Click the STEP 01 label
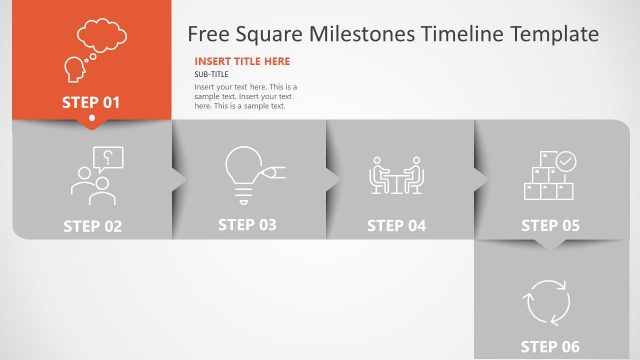point(91,102)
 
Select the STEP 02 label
point(93,226)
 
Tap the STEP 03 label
point(247,225)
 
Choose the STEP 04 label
point(396,226)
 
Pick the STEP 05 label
point(550,226)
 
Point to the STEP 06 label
point(550,347)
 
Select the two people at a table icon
point(397,176)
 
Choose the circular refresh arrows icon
point(548,301)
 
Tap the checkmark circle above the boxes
point(566,160)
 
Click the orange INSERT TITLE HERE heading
point(242,61)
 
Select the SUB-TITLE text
point(211,75)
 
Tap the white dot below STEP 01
point(92,120)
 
